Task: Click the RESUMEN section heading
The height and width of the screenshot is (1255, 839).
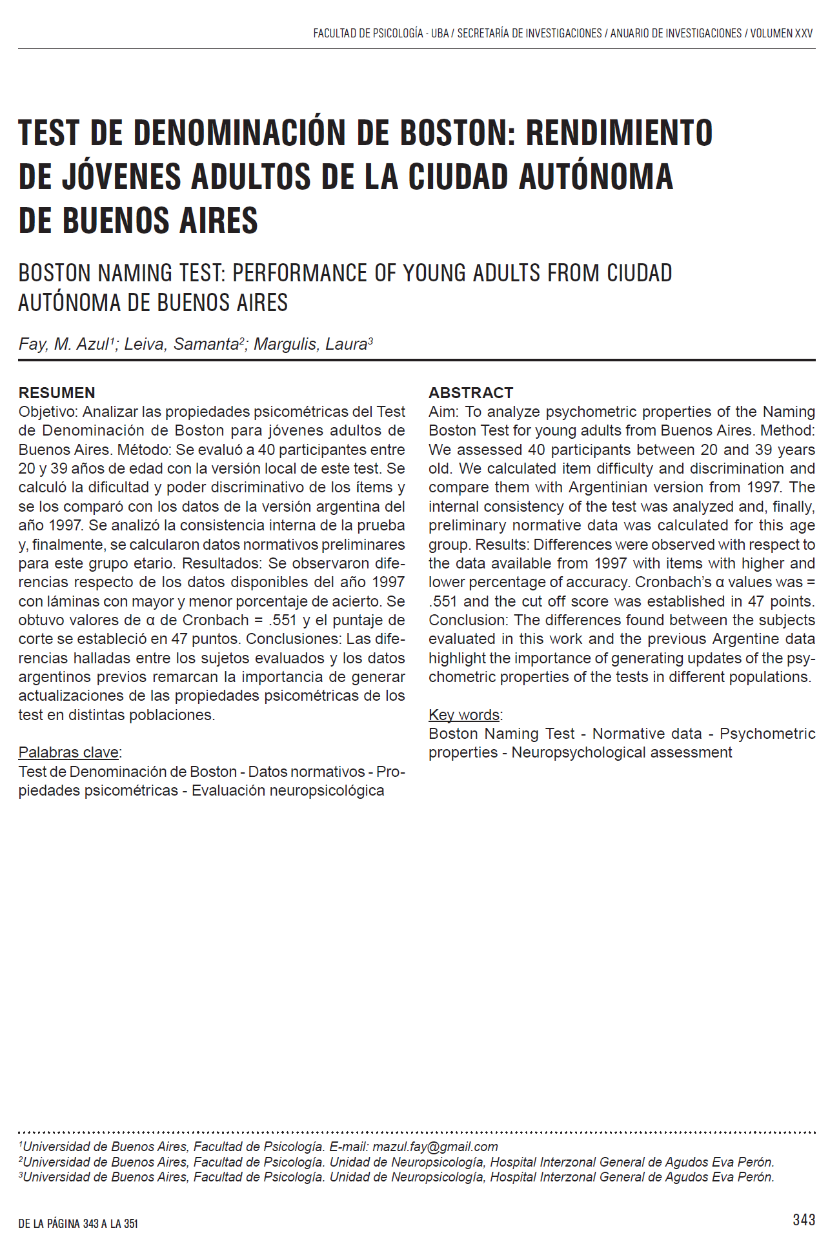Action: (57, 393)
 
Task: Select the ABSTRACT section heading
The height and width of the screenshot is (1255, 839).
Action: (470, 393)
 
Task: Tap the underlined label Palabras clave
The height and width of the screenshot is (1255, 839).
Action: (68, 752)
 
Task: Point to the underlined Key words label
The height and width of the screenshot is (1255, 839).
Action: (464, 715)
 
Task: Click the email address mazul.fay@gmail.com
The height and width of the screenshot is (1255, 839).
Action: (435, 1147)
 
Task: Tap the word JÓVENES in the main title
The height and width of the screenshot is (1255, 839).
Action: (121, 177)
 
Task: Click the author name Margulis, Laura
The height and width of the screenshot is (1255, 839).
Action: (312, 345)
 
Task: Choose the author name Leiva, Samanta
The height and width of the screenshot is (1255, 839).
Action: (183, 345)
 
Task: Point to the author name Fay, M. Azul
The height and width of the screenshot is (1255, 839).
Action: (64, 345)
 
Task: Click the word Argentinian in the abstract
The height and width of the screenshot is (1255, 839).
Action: (607, 487)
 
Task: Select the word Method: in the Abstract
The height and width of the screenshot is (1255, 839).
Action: (787, 430)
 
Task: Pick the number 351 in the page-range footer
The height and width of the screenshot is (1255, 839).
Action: (131, 1223)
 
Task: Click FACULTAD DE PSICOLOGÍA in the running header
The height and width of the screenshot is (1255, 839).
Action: (368, 34)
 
